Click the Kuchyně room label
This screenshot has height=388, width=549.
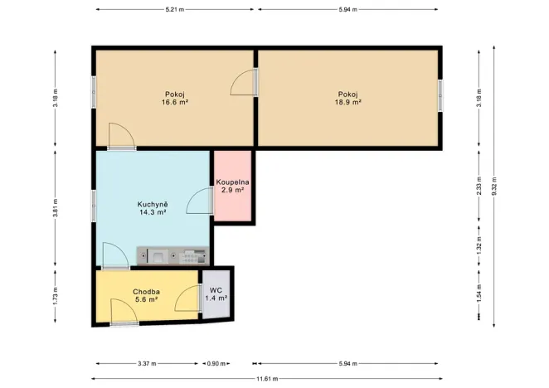click(153, 203)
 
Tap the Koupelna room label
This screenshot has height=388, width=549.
click(233, 182)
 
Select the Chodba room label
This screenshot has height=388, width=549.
click(146, 292)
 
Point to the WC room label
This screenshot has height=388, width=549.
click(216, 290)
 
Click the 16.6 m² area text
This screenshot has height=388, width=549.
click(175, 103)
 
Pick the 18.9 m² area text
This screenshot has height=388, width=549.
click(347, 103)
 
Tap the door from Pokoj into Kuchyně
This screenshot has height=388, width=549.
click(120, 137)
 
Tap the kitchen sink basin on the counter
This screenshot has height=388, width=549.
click(157, 256)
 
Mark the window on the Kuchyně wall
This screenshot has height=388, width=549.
click(94, 205)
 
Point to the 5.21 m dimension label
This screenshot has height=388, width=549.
click(175, 9)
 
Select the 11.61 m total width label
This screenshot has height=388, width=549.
click(266, 378)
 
